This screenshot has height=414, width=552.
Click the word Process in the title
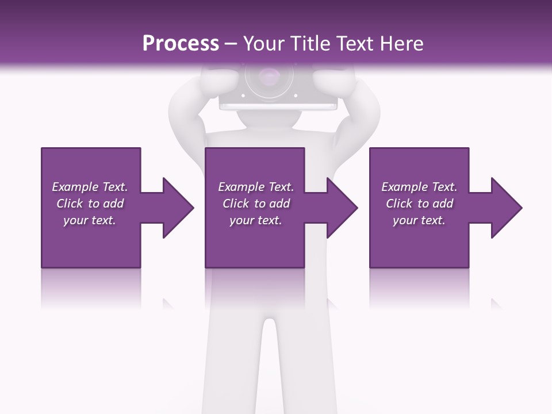(181, 44)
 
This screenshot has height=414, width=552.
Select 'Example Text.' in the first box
(90, 187)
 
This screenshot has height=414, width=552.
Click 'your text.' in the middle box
(255, 220)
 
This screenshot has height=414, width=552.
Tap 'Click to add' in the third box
(419, 204)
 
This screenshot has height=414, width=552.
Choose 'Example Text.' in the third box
(419, 187)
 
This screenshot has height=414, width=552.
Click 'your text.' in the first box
(90, 220)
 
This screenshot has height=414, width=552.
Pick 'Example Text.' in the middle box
(255, 187)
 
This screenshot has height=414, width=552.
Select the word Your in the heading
(263, 44)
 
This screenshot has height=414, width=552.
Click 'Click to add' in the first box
(90, 204)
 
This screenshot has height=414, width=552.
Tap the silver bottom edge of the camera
(278, 106)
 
